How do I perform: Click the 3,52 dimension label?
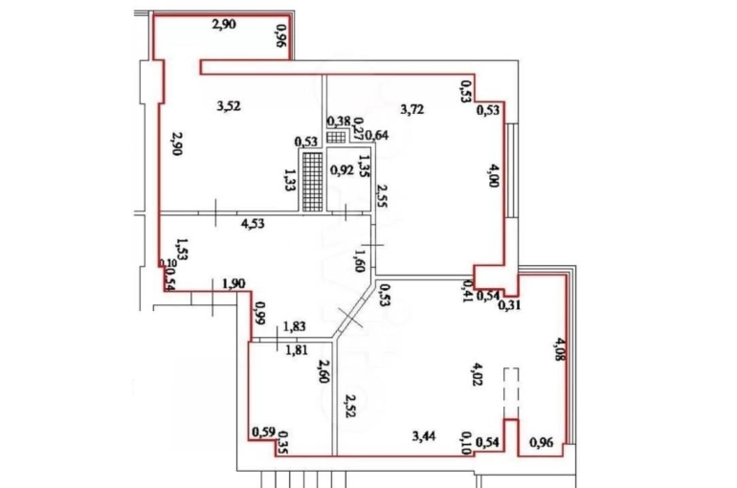click(229, 106)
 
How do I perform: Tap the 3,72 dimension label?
click(413, 110)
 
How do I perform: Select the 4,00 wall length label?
click(493, 175)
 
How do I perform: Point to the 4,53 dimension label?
click(253, 224)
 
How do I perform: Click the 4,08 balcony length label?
click(560, 348)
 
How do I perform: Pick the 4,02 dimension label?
click(477, 374)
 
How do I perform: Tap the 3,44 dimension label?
click(423, 436)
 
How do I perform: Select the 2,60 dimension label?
click(323, 371)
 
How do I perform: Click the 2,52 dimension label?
click(349, 406)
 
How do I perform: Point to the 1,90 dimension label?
click(234, 283)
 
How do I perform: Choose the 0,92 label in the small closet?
click(342, 170)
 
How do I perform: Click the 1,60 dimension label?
click(360, 260)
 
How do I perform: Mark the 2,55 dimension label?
click(382, 195)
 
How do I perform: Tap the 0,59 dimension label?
click(263, 432)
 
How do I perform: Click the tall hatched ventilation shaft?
click(312, 181)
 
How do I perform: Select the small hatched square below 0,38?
click(336, 137)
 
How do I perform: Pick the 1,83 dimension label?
click(294, 326)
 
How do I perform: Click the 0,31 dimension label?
click(509, 306)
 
